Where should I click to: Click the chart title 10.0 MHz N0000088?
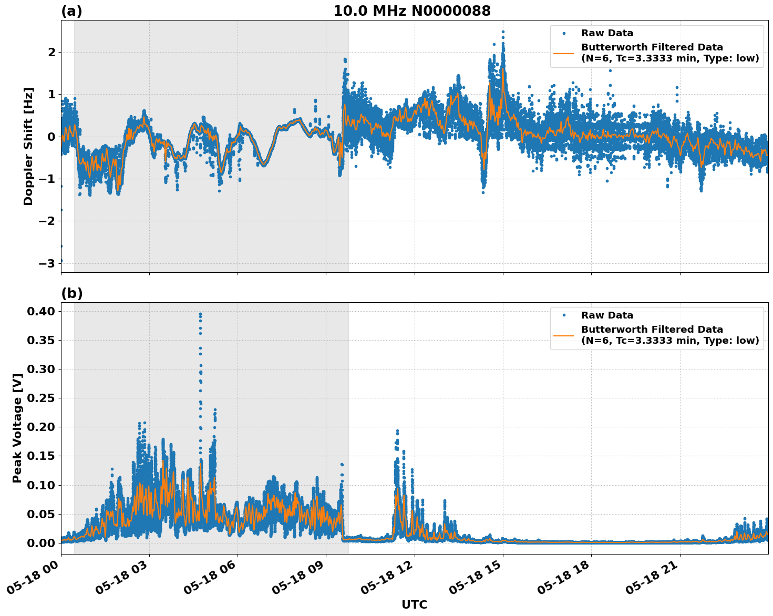(411, 11)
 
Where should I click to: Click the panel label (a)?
(71, 11)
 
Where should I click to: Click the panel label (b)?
(71, 293)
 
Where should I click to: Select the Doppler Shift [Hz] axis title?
(28, 146)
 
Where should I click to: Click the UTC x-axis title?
(414, 604)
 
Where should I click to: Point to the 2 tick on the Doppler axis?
(51, 52)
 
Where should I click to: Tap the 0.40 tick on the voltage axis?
(42, 311)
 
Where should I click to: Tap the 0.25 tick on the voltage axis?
(42, 398)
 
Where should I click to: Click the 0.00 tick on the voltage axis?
(42, 543)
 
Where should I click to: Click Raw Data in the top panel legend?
(607, 33)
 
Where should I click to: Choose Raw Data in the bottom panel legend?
(607, 315)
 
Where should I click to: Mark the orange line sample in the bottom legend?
(563, 335)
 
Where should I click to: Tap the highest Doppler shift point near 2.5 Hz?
(503, 32)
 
